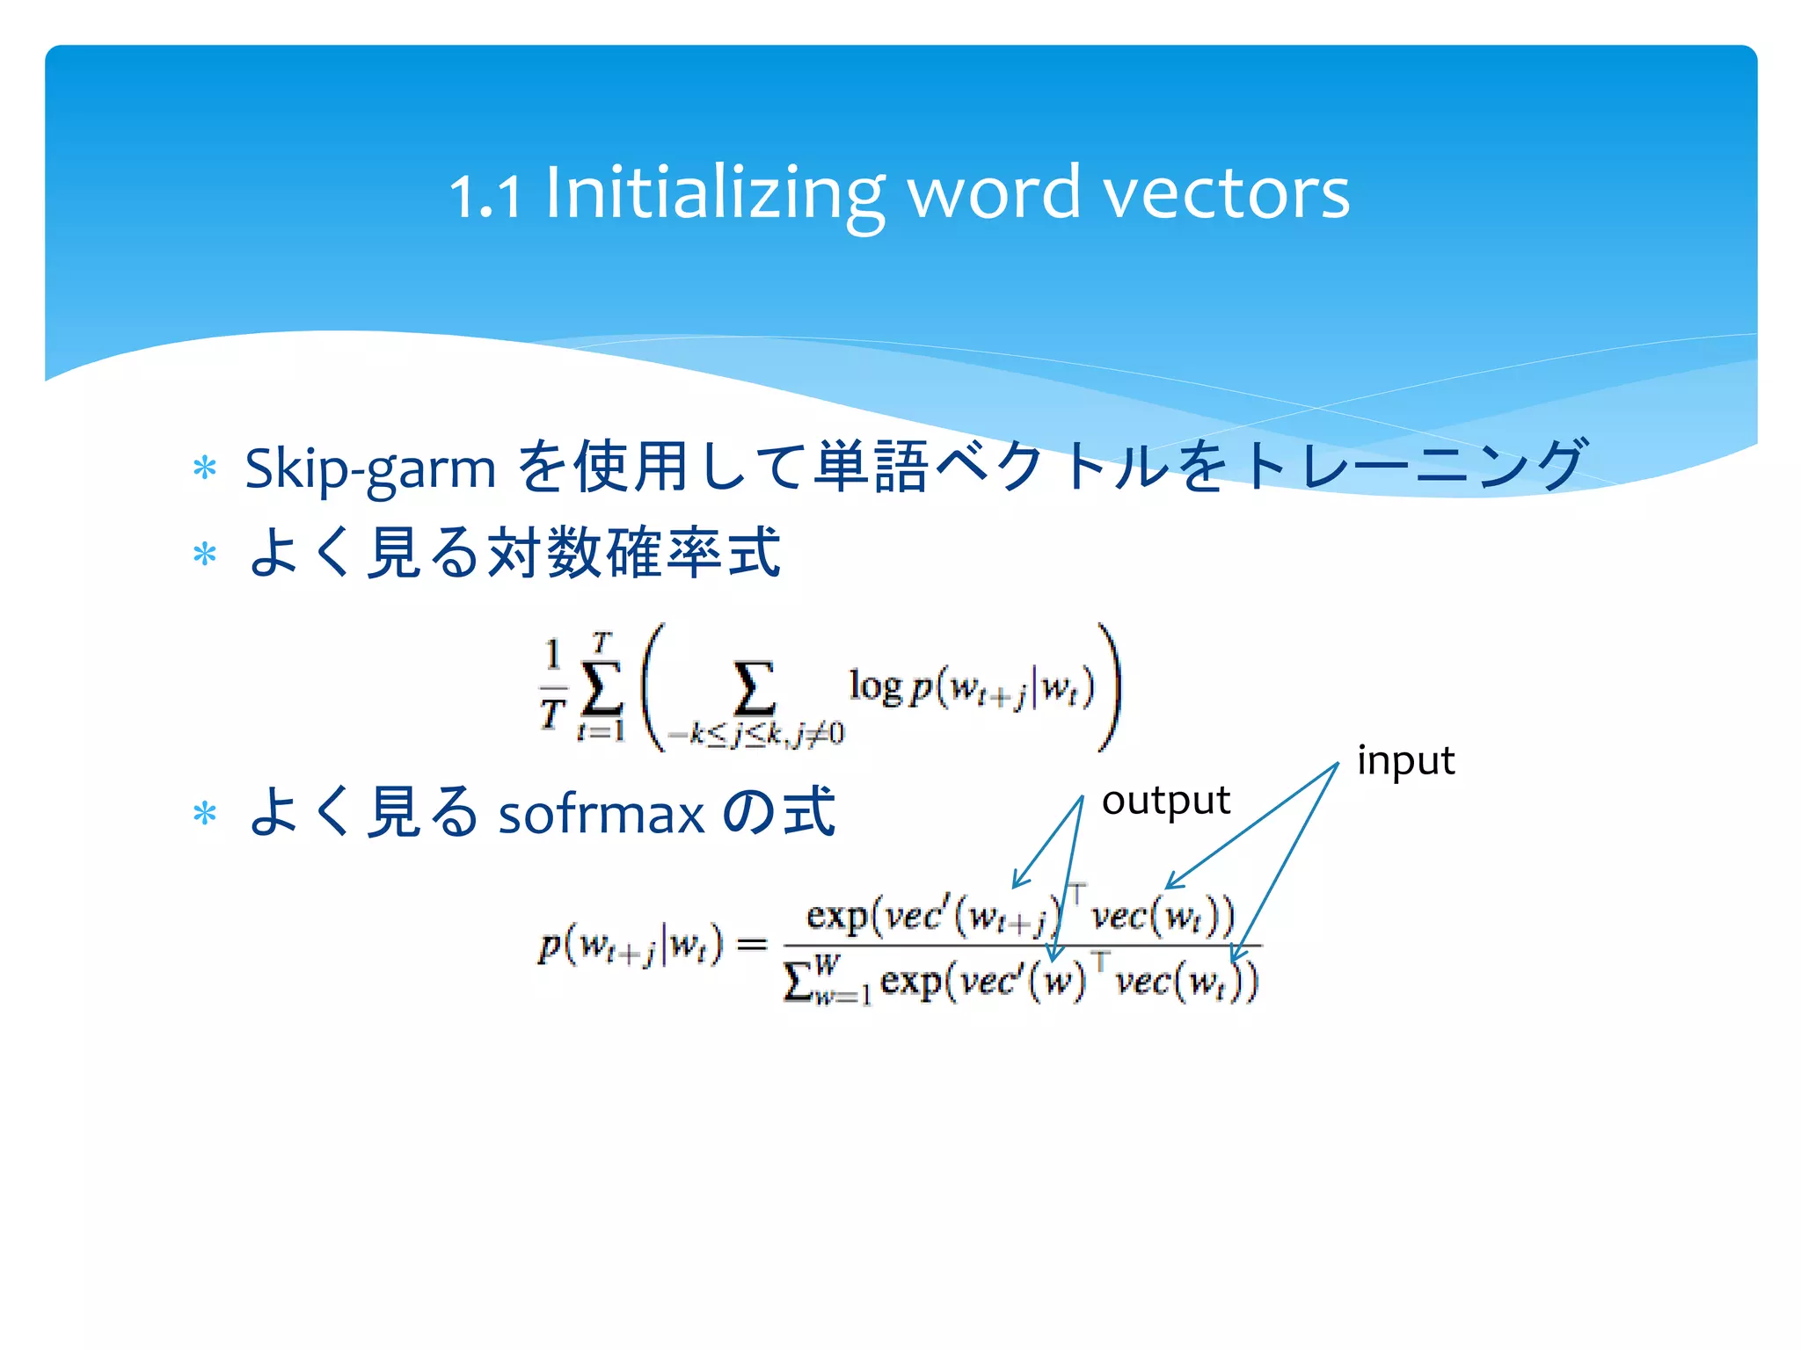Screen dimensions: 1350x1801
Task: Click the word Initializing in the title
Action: tap(714, 193)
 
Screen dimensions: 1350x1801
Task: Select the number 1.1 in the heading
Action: tap(485, 195)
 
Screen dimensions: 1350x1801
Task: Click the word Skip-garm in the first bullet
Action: tap(369, 468)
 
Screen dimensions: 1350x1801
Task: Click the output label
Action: tap(1165, 801)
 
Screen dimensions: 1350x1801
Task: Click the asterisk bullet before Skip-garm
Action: tap(205, 468)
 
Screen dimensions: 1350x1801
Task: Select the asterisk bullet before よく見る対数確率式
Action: tap(205, 555)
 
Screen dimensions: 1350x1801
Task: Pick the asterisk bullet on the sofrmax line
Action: tap(205, 813)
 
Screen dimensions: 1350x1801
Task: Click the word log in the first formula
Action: tap(874, 686)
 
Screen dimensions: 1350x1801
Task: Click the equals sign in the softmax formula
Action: tap(751, 945)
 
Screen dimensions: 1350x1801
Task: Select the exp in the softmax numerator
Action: tap(837, 916)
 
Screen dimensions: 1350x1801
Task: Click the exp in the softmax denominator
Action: tap(911, 981)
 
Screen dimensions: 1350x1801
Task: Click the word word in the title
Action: tap(993, 193)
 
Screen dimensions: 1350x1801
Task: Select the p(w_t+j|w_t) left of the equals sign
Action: tap(630, 946)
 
